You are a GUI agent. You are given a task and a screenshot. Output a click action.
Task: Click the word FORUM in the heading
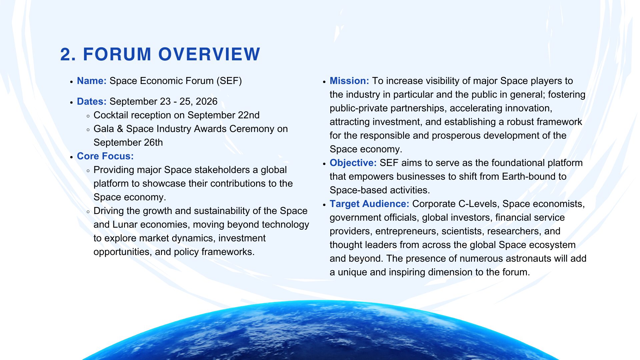point(117,54)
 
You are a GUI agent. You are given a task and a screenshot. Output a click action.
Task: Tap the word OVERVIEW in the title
point(209,54)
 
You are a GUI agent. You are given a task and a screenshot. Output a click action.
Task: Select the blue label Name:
point(92,81)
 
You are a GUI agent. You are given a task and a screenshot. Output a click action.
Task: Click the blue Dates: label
point(92,102)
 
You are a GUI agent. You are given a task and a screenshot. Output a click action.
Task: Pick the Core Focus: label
point(105,156)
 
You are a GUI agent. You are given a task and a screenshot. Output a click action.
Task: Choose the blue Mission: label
point(349,81)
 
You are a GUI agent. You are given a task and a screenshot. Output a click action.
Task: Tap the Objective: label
point(353,163)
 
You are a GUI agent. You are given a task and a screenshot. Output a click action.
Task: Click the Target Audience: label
point(369,204)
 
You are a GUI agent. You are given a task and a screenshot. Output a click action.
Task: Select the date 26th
point(153,143)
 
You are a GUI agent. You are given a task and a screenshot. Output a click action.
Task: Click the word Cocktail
point(111,115)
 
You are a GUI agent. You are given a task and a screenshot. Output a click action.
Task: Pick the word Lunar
point(125,225)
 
